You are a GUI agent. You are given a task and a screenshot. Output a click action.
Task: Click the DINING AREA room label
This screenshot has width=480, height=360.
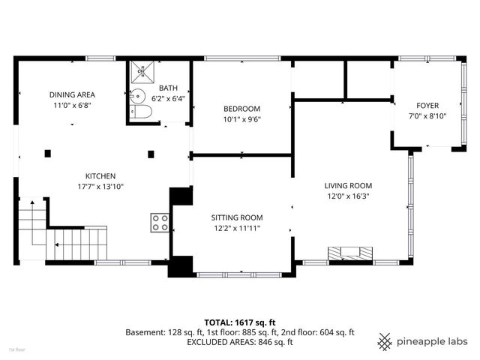tap(72, 94)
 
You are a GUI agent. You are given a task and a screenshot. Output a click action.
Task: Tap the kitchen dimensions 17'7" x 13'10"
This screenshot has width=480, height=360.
tap(100, 186)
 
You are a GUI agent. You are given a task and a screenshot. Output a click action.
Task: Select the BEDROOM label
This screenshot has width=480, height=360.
tap(241, 108)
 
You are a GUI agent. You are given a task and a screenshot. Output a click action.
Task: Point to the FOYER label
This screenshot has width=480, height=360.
tap(427, 106)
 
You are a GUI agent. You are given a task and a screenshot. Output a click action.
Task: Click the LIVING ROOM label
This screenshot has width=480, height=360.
tap(348, 185)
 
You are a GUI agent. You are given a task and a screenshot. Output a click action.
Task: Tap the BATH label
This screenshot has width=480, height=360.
tap(167, 88)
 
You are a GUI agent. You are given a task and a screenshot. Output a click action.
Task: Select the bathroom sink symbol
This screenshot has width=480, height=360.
tap(136, 96)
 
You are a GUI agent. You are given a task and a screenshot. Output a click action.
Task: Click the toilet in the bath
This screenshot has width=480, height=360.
tap(142, 113)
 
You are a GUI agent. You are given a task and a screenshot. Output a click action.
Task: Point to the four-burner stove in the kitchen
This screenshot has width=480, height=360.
tap(160, 222)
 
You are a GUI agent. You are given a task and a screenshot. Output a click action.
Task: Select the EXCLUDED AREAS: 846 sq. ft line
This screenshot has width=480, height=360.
tap(239, 341)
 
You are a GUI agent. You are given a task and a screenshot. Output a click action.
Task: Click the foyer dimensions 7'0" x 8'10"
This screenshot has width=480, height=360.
tap(427, 116)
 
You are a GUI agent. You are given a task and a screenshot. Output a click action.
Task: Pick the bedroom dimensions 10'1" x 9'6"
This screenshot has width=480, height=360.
tap(241, 118)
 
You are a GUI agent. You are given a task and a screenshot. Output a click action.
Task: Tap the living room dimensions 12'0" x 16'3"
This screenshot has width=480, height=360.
tap(348, 196)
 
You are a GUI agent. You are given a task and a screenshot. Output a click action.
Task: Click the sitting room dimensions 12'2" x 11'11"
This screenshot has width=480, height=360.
tap(236, 228)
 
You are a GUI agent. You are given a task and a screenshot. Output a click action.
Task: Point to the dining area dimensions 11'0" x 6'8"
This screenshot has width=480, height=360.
tap(72, 106)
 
